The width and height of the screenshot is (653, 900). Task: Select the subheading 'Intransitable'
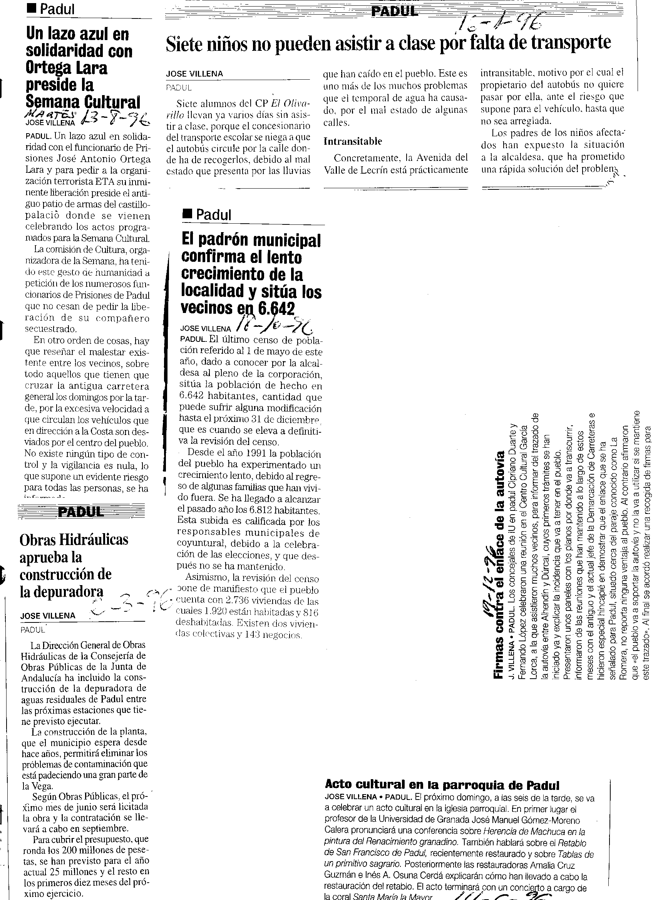pos(353,141)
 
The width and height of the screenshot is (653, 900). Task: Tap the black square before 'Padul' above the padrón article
pos(187,215)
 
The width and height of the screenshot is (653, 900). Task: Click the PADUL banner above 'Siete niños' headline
pos(394,12)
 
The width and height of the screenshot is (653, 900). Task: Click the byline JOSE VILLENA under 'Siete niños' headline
pos(194,74)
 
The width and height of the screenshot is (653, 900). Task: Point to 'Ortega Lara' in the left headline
pos(66,68)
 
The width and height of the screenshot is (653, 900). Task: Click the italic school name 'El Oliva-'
pos(291,104)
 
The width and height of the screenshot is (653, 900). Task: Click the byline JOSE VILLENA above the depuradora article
pos(48,616)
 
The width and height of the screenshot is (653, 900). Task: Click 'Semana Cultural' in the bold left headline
pos(83,102)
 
